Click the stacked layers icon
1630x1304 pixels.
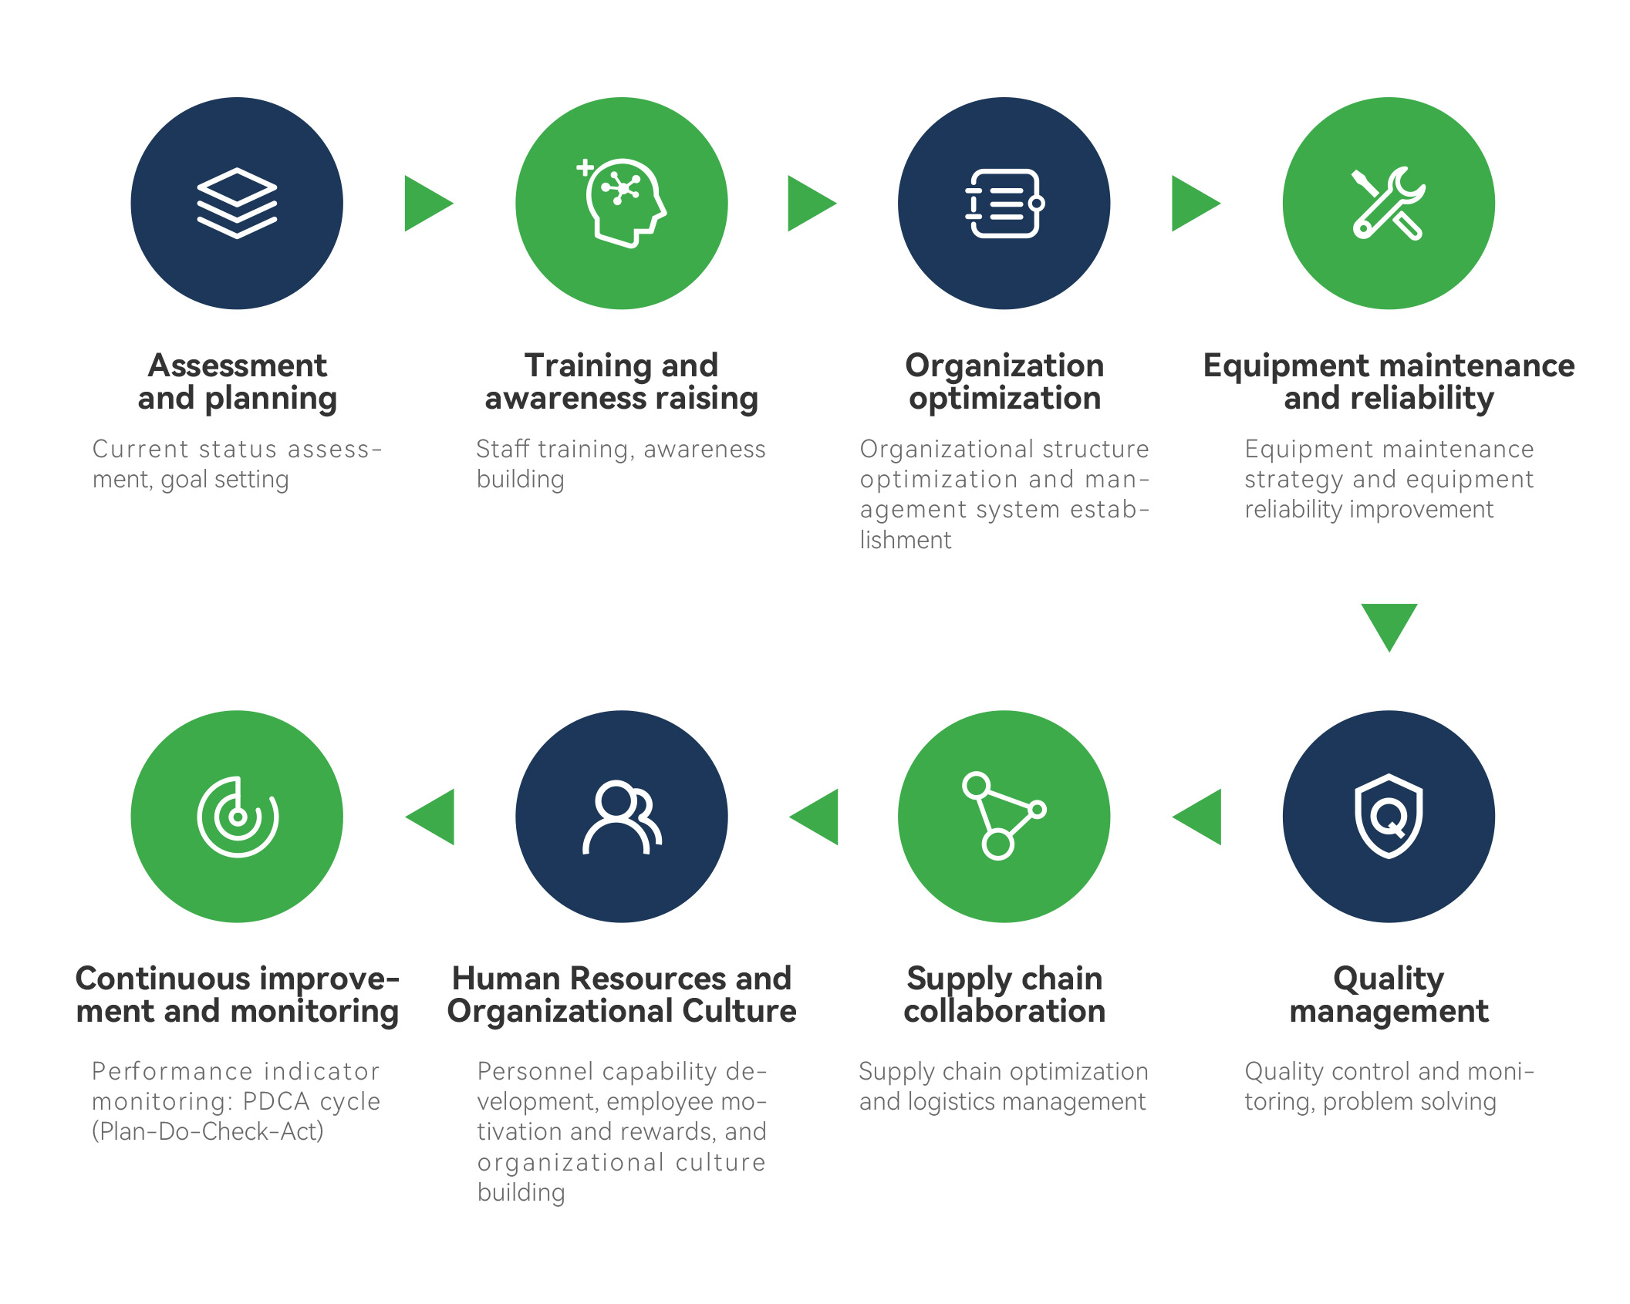click(237, 203)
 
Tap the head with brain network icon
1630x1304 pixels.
click(622, 203)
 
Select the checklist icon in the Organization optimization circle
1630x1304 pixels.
click(1004, 204)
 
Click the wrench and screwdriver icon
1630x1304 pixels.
click(1389, 204)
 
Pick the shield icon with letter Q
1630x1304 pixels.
click(1389, 816)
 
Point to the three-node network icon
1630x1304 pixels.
click(1004, 816)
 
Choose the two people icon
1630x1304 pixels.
click(622, 817)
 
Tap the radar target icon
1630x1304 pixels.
click(238, 817)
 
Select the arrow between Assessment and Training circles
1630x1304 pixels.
click(429, 204)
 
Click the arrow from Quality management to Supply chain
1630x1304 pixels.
click(1196, 817)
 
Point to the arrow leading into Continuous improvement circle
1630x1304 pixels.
click(430, 817)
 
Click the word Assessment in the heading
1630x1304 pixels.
click(238, 366)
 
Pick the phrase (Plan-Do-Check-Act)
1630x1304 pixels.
click(208, 1131)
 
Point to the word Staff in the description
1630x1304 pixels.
click(502, 448)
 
